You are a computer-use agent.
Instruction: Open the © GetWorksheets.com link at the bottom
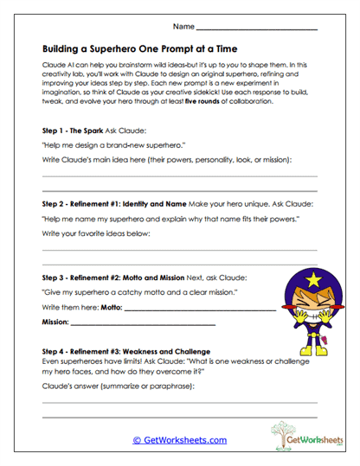pyautogui.click(x=180, y=440)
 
